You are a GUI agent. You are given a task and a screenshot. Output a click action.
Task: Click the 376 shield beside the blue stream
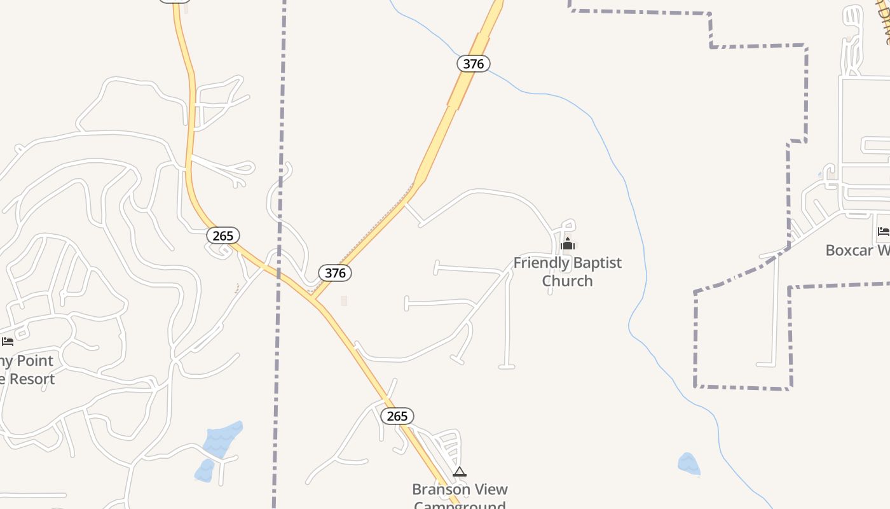[474, 64]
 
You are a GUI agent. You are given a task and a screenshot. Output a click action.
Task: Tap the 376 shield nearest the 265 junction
[335, 273]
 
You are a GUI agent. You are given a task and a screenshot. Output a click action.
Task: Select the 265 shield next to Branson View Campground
[397, 416]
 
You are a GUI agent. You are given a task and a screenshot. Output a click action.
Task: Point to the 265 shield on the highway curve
[223, 235]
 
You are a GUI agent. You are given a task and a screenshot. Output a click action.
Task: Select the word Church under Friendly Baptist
[567, 281]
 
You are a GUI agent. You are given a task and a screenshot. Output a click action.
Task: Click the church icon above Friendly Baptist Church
[568, 244]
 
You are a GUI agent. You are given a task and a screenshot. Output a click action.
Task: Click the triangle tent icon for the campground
[460, 471]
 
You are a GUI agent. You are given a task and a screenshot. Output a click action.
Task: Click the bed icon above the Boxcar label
[883, 232]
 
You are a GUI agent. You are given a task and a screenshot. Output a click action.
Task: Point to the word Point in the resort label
[35, 361]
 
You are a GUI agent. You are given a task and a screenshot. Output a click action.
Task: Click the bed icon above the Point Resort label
[8, 342]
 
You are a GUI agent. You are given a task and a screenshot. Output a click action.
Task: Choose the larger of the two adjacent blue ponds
[223, 438]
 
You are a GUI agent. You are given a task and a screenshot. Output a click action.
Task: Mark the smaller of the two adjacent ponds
[205, 470]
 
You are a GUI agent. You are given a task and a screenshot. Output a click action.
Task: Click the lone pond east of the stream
[688, 464]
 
